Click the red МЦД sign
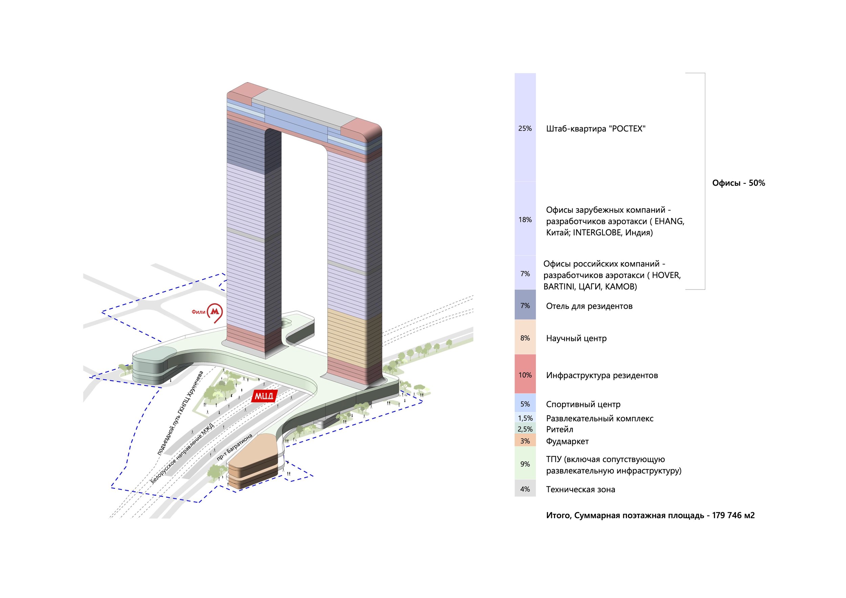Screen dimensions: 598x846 [264, 396]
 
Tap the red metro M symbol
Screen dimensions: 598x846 [215, 312]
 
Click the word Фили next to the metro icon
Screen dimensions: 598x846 [198, 312]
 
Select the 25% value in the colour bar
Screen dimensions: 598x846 [525, 129]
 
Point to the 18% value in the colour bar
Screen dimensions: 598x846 [525, 220]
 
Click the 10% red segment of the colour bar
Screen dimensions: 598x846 [525, 375]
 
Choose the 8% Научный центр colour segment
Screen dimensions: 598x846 [525, 338]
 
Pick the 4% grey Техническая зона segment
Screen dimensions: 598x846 [525, 489]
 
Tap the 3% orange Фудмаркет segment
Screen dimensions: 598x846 [525, 441]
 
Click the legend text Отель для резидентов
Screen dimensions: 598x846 [589, 306]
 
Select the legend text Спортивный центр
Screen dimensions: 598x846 [583, 404]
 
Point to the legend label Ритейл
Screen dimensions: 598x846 [559, 429]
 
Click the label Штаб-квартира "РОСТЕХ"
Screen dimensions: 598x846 [596, 129]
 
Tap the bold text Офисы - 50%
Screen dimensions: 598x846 [738, 183]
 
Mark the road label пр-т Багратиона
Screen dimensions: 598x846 [235, 447]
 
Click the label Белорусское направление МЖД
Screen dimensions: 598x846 [182, 454]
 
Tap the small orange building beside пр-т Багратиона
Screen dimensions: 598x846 [252, 464]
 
